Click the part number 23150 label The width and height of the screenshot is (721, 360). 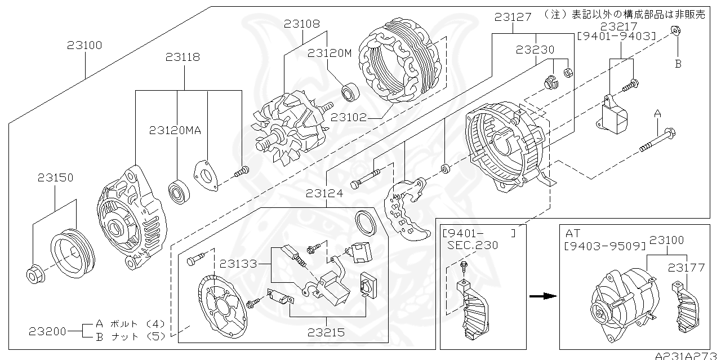click(55, 177)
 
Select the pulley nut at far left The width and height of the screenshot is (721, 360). click(34, 274)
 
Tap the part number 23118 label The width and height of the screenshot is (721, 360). click(183, 57)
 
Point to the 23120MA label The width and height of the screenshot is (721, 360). click(175, 130)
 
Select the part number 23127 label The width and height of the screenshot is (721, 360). click(513, 17)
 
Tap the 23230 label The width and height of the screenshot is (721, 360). click(535, 50)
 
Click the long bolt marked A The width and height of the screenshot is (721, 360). click(658, 141)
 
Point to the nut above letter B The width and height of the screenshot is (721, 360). click(678, 32)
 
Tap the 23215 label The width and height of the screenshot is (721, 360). click(326, 332)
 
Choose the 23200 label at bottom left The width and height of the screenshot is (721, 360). click(48, 331)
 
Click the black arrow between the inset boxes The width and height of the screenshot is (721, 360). click(541, 295)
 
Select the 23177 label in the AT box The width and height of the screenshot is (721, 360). click(687, 267)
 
